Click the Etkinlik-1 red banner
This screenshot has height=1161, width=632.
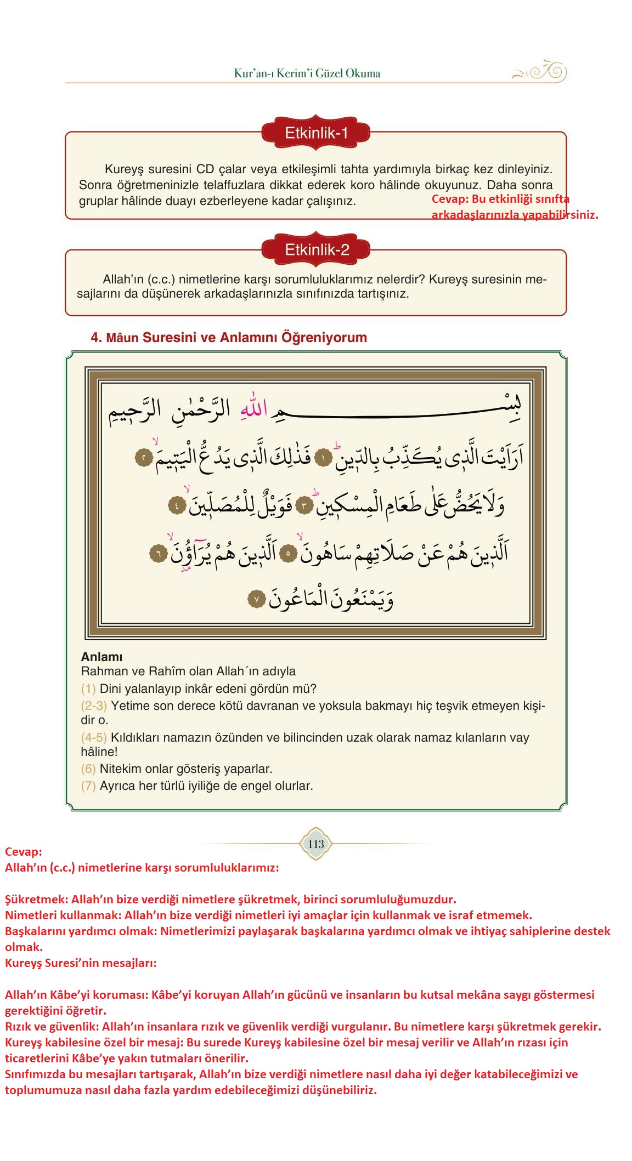316,133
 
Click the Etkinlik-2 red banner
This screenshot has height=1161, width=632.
316,250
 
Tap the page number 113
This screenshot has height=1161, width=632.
316,844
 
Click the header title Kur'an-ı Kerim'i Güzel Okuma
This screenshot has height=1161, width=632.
307,73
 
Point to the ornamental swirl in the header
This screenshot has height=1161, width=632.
540,72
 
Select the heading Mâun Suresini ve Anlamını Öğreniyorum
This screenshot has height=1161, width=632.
229,337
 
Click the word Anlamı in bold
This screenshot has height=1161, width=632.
101,657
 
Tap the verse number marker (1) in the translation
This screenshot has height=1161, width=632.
88,688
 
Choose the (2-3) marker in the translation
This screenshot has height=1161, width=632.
94,705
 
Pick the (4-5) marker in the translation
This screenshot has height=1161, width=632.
94,737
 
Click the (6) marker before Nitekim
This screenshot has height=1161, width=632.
88,769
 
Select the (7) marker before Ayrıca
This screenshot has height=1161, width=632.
88,786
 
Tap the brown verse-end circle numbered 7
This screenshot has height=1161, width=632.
256,600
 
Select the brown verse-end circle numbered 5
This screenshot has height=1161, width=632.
290,554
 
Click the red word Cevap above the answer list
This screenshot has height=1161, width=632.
23,852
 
